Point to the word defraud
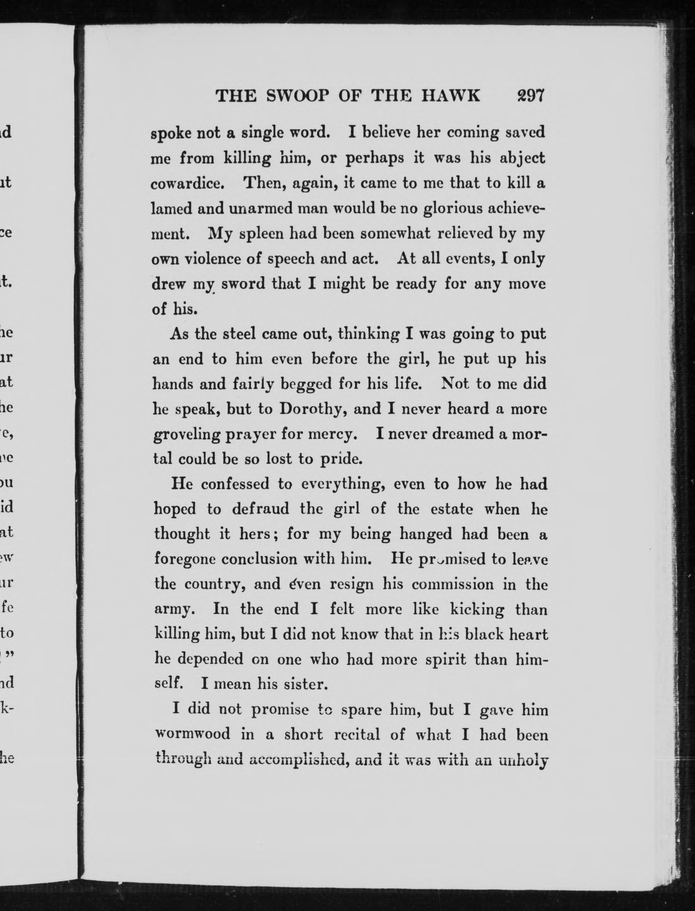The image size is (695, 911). tap(260, 508)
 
